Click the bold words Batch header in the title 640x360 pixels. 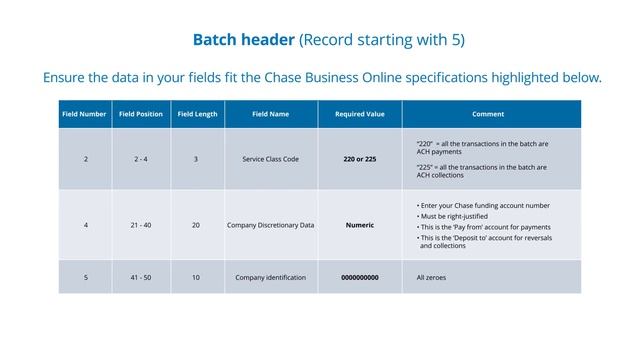point(245,40)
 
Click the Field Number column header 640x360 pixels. point(84,114)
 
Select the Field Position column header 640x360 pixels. point(141,114)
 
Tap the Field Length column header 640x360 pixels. point(197,114)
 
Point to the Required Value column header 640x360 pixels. point(359,114)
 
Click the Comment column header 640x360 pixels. point(488,114)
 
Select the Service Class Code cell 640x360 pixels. point(270,159)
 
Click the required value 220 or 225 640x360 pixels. point(359,159)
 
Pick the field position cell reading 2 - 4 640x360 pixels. point(141,159)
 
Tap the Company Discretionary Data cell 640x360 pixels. point(270,225)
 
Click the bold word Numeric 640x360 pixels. point(359,225)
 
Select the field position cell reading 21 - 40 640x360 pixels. point(141,225)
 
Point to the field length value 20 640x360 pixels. point(196,225)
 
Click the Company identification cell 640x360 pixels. point(270,277)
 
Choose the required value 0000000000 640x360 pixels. point(359,277)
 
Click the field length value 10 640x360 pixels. point(196,277)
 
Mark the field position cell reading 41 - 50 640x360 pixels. point(141,277)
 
